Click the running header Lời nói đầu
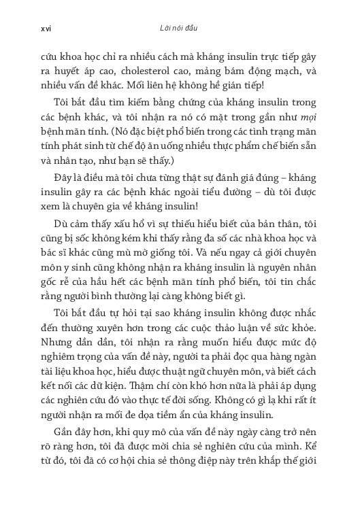[x=179, y=29]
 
